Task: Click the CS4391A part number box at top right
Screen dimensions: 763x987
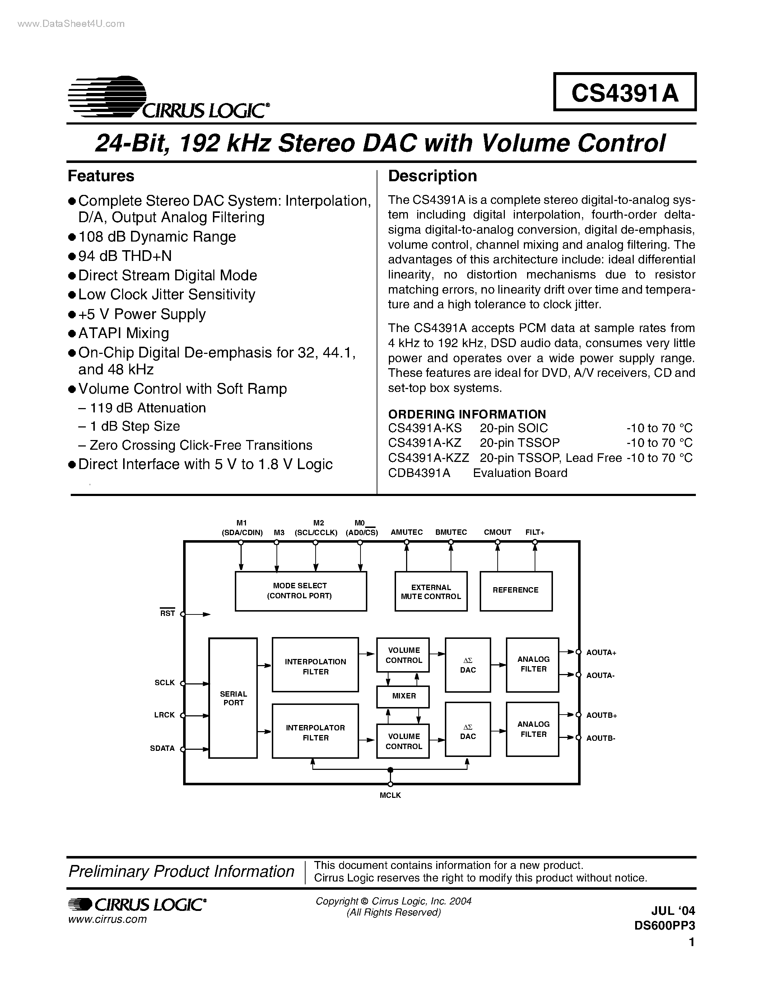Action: point(625,92)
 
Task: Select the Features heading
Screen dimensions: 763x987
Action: point(101,176)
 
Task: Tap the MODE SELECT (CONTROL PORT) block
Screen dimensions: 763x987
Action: point(301,591)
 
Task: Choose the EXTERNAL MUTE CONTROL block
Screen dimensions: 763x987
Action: point(431,591)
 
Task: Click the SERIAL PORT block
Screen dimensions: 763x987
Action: point(233,698)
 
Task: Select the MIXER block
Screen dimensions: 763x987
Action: point(403,696)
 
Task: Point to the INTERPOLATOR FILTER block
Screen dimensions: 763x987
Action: point(315,733)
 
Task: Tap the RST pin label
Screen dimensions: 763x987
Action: point(168,613)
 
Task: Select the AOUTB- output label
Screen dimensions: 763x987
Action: point(600,738)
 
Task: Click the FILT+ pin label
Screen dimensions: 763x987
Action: point(535,532)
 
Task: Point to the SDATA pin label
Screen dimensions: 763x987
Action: point(162,748)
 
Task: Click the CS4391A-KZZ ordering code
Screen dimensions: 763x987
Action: point(428,458)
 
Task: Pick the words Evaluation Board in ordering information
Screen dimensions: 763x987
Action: point(520,473)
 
